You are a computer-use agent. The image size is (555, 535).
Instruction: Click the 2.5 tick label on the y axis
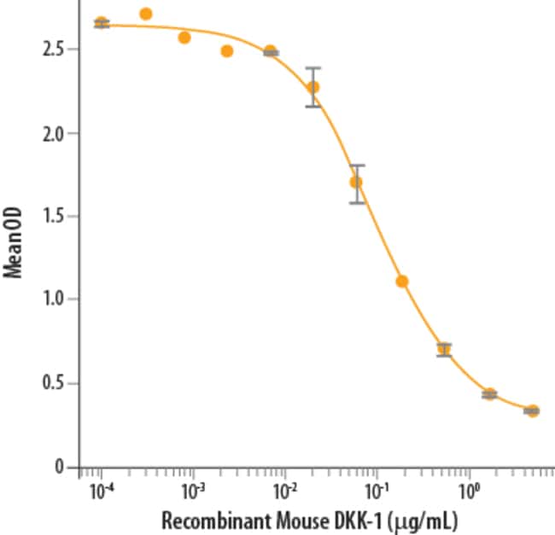tap(55, 49)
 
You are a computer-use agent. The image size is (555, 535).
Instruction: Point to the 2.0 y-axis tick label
tap(55, 133)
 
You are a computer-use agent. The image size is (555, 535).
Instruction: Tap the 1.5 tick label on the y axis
tap(55, 216)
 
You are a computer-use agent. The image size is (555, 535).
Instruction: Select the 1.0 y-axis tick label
tap(55, 299)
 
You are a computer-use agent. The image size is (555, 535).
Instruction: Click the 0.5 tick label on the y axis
tap(55, 383)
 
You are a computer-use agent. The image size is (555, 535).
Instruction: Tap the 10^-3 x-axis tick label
tap(194, 491)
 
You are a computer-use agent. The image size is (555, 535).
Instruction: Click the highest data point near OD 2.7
tap(145, 14)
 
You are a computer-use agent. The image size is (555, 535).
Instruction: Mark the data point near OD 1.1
tap(402, 281)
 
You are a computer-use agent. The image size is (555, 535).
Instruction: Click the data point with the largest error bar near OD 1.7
tap(356, 182)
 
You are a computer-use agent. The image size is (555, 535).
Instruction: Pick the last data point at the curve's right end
tap(532, 410)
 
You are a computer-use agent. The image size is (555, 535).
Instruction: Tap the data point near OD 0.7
tap(444, 349)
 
